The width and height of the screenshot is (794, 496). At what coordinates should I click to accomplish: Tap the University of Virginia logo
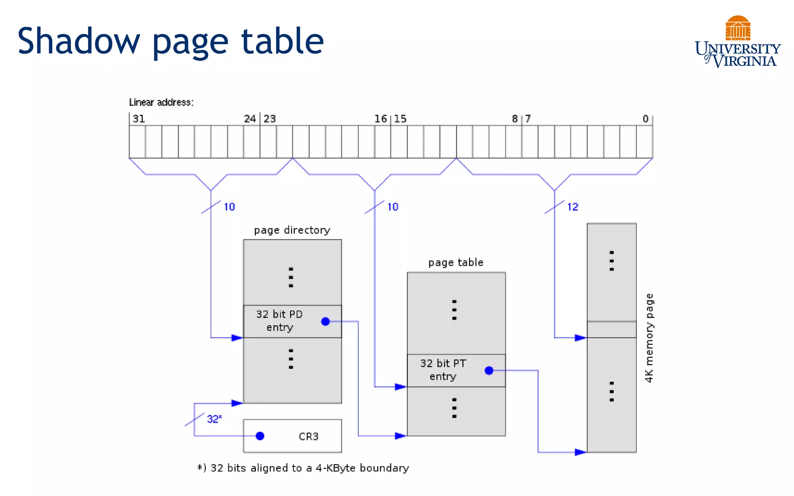tap(737, 43)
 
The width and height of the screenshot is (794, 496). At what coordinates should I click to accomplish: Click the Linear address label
tap(161, 102)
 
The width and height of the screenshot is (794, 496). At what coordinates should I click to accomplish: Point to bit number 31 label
tap(139, 119)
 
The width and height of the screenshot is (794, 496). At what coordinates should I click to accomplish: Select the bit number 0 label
tap(645, 119)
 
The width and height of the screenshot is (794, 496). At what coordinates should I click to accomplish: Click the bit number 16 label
tap(380, 119)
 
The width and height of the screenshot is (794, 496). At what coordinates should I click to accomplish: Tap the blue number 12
tap(572, 207)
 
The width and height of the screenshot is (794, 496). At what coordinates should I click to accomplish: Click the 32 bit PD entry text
tap(280, 320)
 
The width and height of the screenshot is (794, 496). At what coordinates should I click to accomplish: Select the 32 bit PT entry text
tap(443, 370)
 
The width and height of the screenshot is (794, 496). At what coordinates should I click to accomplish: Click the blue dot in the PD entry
tap(326, 321)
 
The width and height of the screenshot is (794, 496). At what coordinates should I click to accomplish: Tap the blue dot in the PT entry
tap(489, 370)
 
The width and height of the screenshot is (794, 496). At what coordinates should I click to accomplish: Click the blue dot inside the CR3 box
tap(260, 436)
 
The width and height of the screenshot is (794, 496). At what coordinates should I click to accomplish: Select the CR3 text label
tap(309, 436)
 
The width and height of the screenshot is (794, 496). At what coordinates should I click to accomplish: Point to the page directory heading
tap(292, 230)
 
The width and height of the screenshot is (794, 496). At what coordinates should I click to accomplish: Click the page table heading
tap(456, 262)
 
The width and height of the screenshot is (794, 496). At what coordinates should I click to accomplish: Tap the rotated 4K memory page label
tap(649, 338)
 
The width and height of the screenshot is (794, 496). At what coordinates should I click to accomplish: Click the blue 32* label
tap(214, 419)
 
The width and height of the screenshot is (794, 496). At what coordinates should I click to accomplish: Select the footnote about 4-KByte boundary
tap(303, 468)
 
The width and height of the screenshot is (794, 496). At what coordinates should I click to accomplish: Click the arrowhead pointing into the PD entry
tap(237, 338)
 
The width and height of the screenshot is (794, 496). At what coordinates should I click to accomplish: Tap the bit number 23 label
tap(270, 119)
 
